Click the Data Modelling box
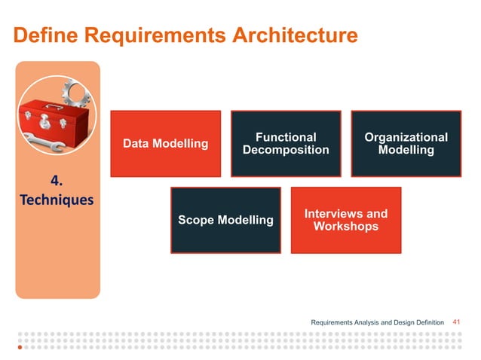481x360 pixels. point(165,144)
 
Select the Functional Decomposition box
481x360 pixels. point(286,144)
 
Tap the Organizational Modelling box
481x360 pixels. point(406,144)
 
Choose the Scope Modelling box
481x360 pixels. point(225,220)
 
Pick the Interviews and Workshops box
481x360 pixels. point(345,220)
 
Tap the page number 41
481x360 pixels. point(456,322)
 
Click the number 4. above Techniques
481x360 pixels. point(57,181)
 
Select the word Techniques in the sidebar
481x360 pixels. point(57,200)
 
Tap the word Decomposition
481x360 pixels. point(286,150)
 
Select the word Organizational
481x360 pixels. point(406,137)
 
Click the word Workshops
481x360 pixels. point(345,226)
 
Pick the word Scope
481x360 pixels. point(195,220)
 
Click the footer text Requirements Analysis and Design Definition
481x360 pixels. point(377,322)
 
